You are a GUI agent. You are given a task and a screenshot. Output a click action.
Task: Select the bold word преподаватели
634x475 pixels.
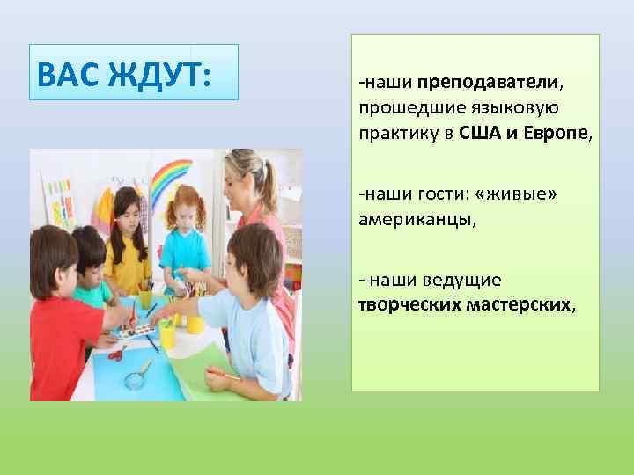[x=489, y=83]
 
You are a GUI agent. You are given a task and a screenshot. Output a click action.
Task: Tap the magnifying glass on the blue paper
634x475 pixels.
[x=136, y=377]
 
